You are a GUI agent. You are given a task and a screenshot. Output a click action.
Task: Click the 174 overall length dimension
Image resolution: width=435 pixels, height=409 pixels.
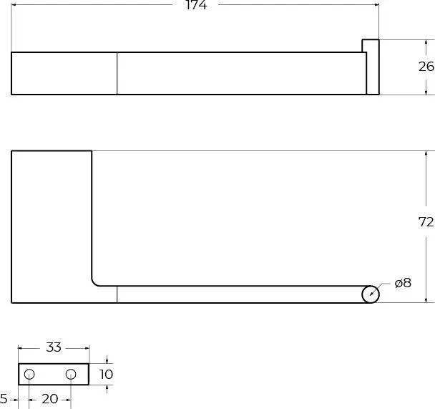click(x=196, y=5)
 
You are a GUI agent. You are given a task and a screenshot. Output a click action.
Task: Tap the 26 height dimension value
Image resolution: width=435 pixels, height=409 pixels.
click(x=426, y=67)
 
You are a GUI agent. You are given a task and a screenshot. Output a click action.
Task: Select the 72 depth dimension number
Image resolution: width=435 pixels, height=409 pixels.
click(x=426, y=222)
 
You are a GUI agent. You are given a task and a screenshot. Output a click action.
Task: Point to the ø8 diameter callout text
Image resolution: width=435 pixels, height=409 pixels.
click(x=403, y=283)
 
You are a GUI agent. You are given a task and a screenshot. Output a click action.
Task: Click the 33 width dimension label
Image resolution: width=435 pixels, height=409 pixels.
click(x=54, y=347)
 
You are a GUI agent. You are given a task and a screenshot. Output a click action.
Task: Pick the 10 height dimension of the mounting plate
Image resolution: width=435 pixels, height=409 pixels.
click(x=106, y=375)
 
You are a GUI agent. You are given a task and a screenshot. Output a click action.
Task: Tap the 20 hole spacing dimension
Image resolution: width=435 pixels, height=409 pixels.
click(x=50, y=399)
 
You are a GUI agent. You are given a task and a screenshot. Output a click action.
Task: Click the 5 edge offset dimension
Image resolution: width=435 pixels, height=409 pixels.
click(x=4, y=399)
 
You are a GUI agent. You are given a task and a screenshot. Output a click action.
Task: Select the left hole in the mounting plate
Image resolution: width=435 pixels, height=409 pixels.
click(x=29, y=375)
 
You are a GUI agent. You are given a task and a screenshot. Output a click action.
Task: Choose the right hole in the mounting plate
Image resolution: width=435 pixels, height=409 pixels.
click(x=71, y=375)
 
